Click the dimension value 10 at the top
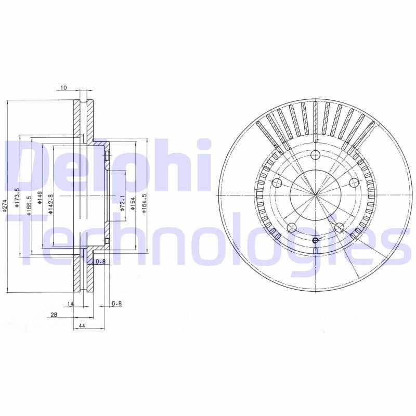(x=63, y=88)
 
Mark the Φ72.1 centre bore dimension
(x=122, y=203)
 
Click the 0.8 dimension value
(x=101, y=262)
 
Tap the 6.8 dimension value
(x=116, y=304)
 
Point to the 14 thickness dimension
(x=71, y=304)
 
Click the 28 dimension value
(x=54, y=315)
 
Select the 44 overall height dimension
(x=82, y=326)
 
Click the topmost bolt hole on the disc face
(x=315, y=155)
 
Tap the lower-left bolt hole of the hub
(x=292, y=228)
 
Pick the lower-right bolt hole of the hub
(x=339, y=227)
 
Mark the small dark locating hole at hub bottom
(x=315, y=240)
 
